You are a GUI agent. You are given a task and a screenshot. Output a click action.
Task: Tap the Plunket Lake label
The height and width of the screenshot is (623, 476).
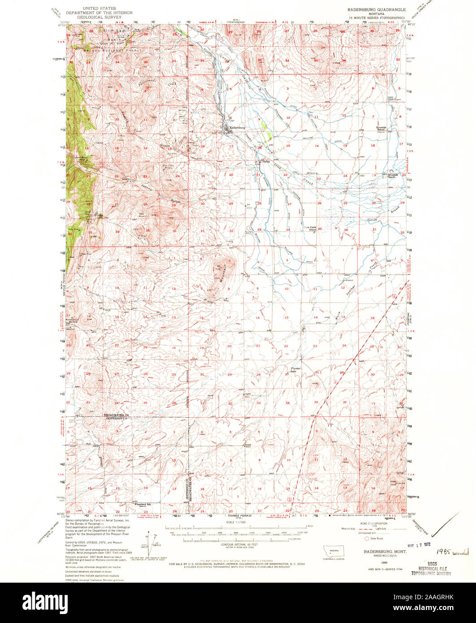[x=293, y=370]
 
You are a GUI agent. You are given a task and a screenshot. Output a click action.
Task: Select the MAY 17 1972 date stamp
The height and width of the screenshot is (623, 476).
[x=419, y=545]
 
